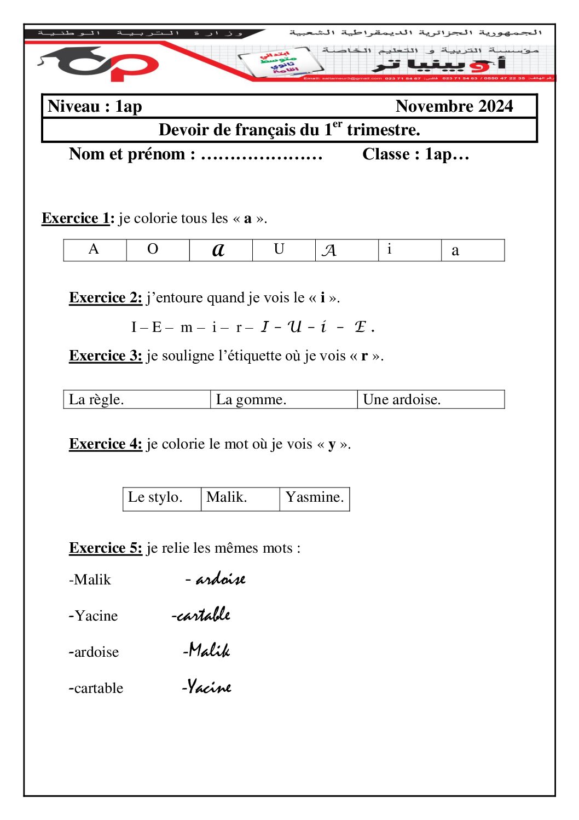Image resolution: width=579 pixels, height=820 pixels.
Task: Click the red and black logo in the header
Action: click(99, 65)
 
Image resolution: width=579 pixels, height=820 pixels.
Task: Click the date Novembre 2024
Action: click(454, 106)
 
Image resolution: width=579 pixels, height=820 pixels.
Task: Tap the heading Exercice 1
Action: click(78, 219)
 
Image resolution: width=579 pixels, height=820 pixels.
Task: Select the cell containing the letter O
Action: click(158, 250)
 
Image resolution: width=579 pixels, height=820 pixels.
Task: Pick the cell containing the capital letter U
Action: click(283, 250)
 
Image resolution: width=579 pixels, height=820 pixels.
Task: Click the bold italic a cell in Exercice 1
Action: click(221, 250)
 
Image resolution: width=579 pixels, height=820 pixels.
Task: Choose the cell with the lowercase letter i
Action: click(409, 250)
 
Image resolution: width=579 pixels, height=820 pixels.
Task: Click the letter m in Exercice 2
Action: click(187, 328)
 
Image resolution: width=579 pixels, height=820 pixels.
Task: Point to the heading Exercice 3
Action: click(106, 356)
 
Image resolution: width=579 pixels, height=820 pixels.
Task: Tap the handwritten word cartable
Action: click(202, 615)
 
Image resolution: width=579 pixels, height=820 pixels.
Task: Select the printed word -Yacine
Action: click(94, 616)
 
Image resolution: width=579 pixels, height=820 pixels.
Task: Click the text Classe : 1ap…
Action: click(415, 154)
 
